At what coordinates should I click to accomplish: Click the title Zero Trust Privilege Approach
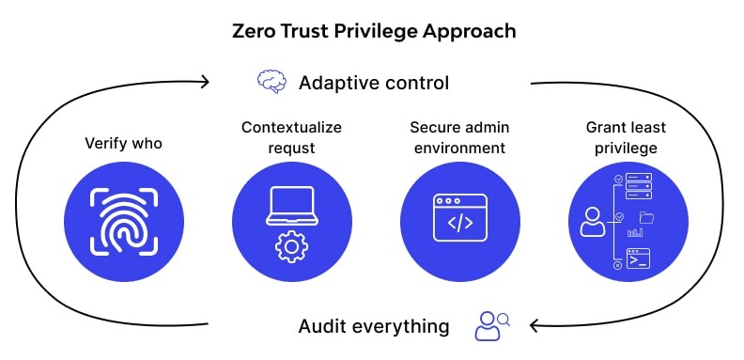coord(374,31)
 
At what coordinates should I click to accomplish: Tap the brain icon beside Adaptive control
coord(271,83)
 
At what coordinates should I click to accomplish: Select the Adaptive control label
coord(374,83)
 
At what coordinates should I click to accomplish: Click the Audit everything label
coord(374,326)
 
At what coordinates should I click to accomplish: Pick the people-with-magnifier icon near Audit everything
coord(491,325)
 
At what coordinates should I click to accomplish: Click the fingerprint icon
coord(124,222)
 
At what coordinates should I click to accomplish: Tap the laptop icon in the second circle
coord(291,206)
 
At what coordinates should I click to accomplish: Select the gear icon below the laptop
coord(291,245)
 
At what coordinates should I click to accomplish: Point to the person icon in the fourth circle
coord(593,222)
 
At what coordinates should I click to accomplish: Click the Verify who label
coord(124,143)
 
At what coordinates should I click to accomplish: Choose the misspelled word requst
coord(291,148)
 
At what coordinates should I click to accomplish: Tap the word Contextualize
coord(291,127)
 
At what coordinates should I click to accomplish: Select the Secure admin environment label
coord(458,137)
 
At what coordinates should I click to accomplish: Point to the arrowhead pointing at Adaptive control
coord(204,82)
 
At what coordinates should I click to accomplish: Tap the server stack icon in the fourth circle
coord(639,185)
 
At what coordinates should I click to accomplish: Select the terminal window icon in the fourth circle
coord(639,258)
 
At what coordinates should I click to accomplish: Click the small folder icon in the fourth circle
coord(646,218)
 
